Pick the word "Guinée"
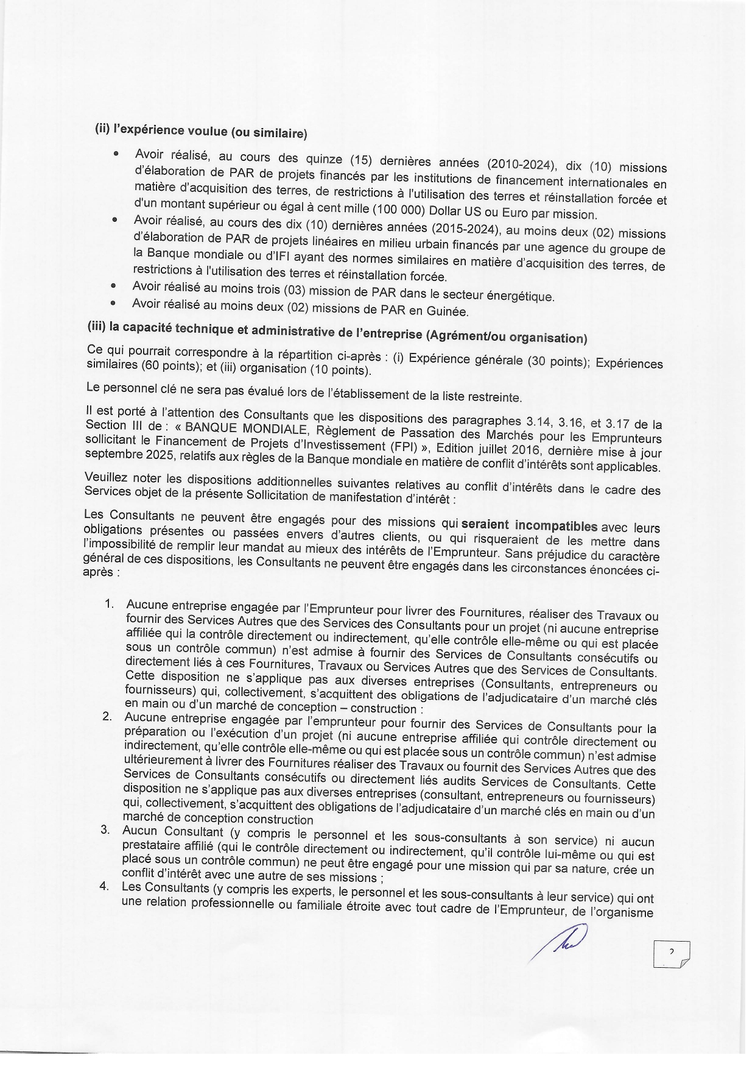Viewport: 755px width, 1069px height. (446, 311)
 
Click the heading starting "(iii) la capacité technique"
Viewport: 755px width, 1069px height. (337, 333)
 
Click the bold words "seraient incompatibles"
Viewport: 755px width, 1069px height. (530, 525)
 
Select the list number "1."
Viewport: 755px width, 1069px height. (110, 603)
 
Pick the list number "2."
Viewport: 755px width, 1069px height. (107, 716)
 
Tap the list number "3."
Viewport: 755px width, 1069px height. (105, 829)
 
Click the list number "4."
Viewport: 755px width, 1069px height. (104, 886)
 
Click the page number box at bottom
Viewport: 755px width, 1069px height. (671, 954)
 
